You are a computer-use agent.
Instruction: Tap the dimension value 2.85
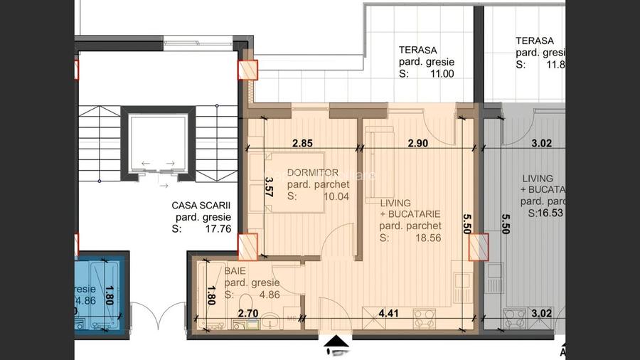click(303, 143)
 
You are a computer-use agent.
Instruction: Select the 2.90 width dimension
click(417, 143)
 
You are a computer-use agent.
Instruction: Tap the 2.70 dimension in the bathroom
click(247, 311)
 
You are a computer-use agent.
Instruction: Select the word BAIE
click(236, 271)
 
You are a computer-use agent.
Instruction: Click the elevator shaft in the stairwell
click(157, 146)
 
